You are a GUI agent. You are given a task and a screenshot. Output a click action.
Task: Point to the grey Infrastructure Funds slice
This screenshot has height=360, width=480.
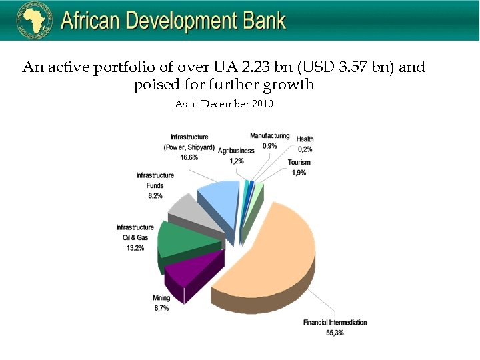(190, 210)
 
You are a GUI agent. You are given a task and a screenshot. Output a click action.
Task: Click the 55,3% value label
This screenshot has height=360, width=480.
(335, 333)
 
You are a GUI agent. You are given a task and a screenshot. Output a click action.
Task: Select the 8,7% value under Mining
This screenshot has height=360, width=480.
(161, 308)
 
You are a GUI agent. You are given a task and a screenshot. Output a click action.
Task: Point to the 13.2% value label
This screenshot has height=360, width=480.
(135, 248)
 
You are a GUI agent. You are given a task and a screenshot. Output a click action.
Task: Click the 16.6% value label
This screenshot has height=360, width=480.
(189, 157)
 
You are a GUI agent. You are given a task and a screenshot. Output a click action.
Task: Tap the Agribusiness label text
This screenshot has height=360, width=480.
(236, 151)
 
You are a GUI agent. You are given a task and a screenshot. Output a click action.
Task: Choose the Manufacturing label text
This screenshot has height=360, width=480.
(270, 135)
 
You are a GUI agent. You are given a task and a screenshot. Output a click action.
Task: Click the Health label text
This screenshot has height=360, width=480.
(305, 139)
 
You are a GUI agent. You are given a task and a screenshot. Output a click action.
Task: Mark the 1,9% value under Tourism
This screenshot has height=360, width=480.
(298, 173)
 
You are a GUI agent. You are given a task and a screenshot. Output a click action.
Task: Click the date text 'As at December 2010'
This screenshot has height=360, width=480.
(224, 104)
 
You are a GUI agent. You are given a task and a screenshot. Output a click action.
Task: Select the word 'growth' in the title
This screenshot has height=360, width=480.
(290, 85)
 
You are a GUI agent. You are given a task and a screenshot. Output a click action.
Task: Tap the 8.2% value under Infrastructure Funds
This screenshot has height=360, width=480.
(155, 196)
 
